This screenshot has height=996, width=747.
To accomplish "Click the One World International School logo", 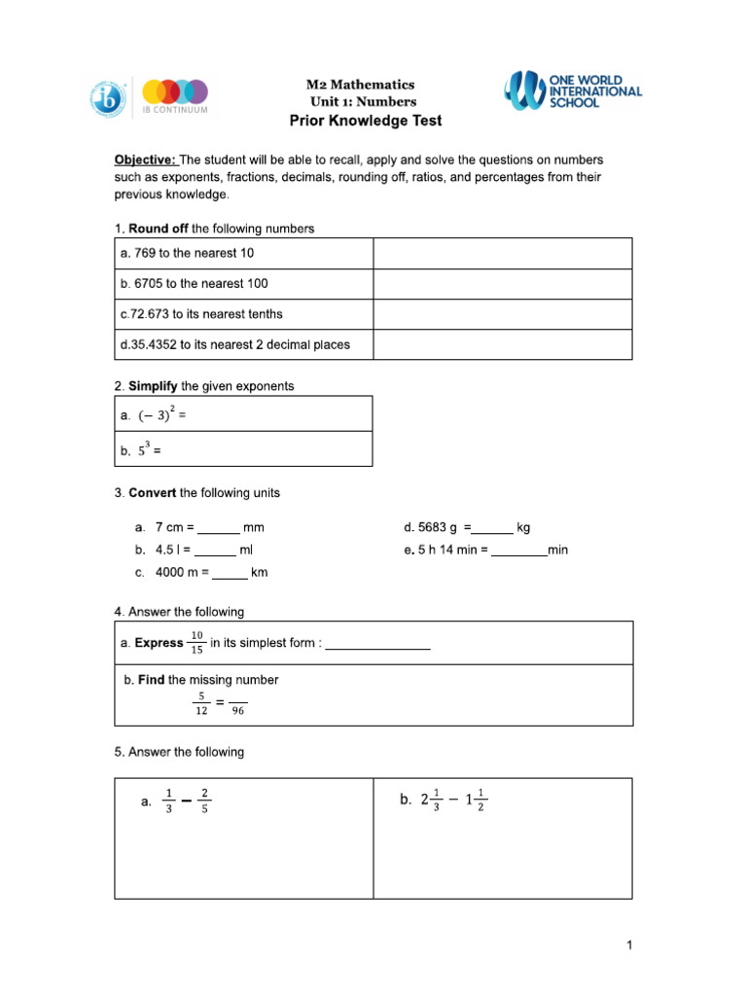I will [x=572, y=89].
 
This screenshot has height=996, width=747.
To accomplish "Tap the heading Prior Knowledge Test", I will [x=366, y=121].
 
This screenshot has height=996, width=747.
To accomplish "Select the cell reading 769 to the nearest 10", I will [x=243, y=253].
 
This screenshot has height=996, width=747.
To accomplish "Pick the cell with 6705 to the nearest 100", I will [x=243, y=284].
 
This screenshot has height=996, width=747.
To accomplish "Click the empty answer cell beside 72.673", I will [x=502, y=314].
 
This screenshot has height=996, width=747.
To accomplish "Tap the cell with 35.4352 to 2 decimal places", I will [x=243, y=344].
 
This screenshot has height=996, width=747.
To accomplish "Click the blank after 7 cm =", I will [x=219, y=528].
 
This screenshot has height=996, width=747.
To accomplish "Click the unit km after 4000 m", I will [x=260, y=573].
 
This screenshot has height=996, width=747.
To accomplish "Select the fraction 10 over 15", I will [x=197, y=643].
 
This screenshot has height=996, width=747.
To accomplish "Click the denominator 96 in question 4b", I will [x=238, y=711].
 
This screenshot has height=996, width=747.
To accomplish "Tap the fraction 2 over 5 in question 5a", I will [x=204, y=800].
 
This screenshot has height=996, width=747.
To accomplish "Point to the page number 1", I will [x=629, y=945].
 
